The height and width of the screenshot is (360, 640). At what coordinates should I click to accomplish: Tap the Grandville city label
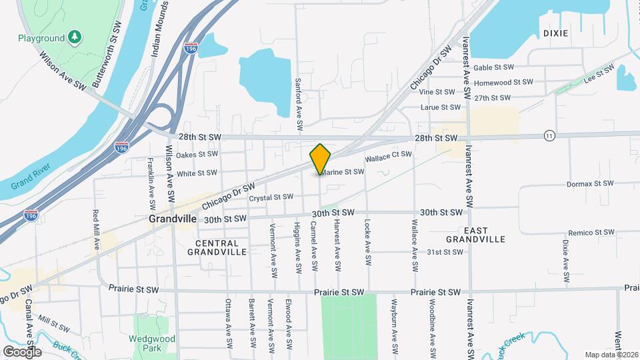click(173, 218)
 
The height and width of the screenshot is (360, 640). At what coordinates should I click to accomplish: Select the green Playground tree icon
click(76, 35)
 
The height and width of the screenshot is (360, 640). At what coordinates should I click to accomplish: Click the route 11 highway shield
click(549, 135)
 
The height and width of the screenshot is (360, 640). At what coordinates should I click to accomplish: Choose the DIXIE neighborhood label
click(556, 33)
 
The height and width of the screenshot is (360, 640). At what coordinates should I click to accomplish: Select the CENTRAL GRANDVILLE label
click(217, 247)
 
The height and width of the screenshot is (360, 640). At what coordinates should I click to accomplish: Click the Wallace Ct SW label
click(389, 157)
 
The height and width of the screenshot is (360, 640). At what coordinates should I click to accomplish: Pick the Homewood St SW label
click(503, 82)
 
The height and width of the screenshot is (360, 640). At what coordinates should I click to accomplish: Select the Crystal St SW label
click(271, 197)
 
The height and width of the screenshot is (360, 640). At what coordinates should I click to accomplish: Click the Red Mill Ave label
click(96, 230)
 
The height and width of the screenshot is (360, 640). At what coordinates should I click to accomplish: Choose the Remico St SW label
click(588, 232)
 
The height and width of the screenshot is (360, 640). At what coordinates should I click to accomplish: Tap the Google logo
click(22, 351)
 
